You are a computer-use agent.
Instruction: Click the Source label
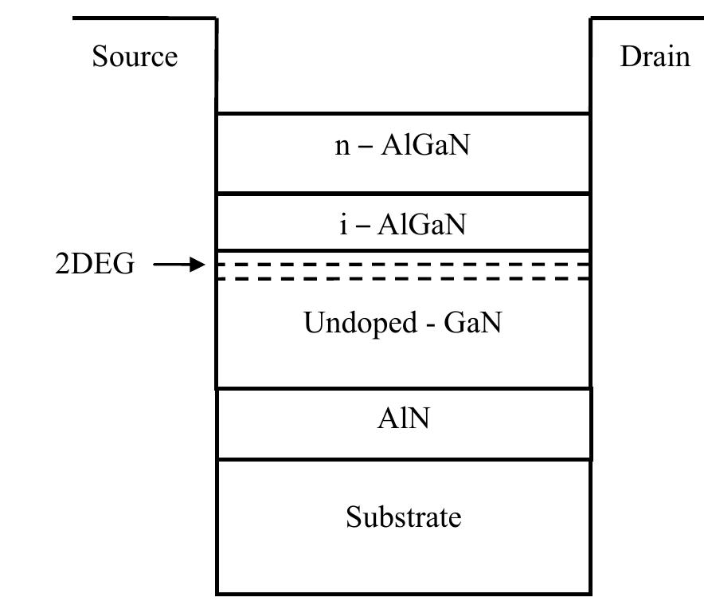pos(135,57)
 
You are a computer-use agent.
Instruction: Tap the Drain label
pos(655,57)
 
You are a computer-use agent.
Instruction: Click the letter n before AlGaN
pos(342,147)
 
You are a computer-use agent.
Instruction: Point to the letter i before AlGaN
pos(343,225)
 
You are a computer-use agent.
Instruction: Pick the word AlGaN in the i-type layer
pos(422,225)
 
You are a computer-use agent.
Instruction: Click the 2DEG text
pos(95,265)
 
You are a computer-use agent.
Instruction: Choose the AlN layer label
pos(403,418)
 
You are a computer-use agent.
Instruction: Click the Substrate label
pos(403,517)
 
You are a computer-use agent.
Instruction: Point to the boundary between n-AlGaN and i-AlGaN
pos(403,193)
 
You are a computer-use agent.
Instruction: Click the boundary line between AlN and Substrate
pos(403,459)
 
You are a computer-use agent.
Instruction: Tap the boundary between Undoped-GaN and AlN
pos(403,389)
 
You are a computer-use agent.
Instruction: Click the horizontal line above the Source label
pos(144,18)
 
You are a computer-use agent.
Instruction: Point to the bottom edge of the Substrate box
pos(403,594)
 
